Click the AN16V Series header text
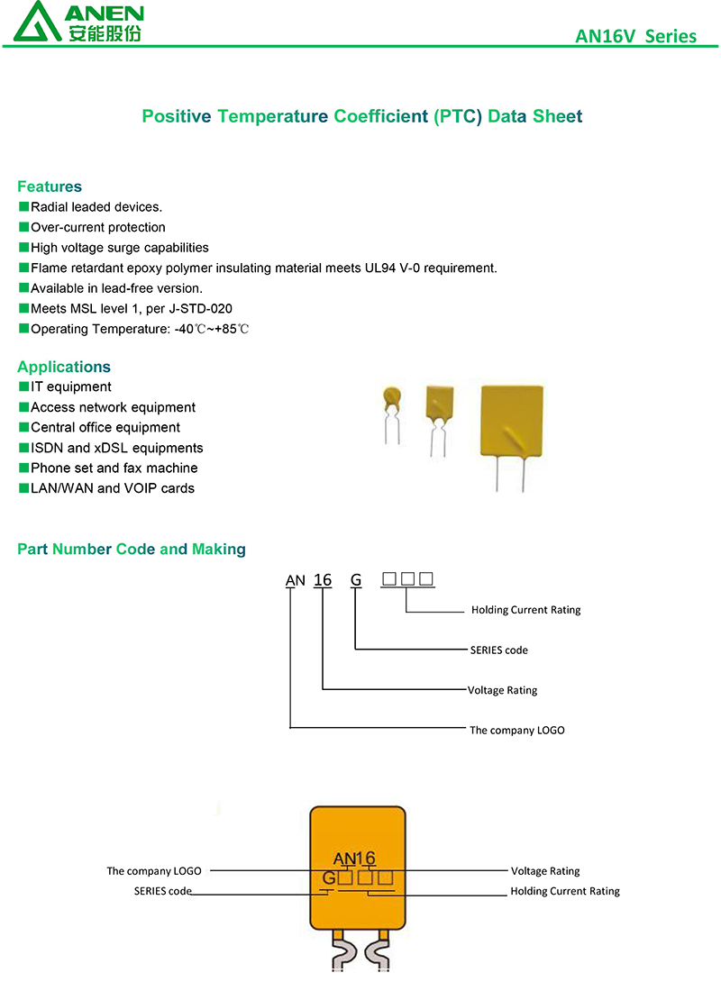click(x=635, y=36)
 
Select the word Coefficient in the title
click(x=381, y=116)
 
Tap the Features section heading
click(x=50, y=186)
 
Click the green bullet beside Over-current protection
click(x=24, y=226)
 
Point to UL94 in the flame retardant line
click(x=380, y=268)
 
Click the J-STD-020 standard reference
click(x=200, y=309)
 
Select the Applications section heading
click(x=64, y=367)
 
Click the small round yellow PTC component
click(x=392, y=398)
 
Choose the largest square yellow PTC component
click(x=512, y=421)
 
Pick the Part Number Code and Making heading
click(x=132, y=550)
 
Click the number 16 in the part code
click(x=323, y=579)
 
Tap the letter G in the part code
click(x=356, y=579)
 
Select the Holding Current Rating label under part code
click(x=525, y=610)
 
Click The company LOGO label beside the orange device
click(x=154, y=871)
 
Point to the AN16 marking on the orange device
click(x=354, y=859)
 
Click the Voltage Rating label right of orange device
click(x=545, y=871)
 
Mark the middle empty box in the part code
click(x=407, y=578)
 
